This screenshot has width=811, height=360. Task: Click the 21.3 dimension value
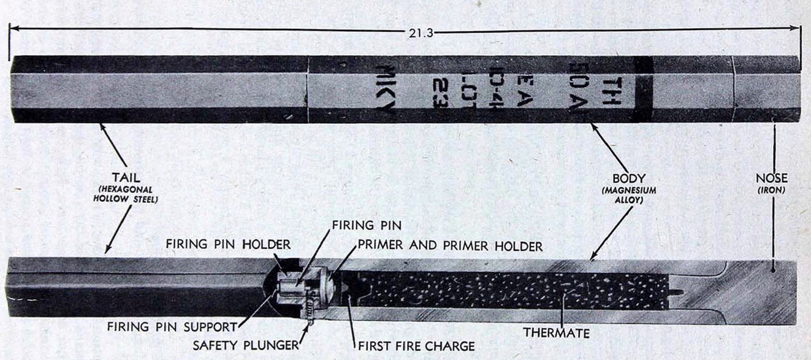pos(421,33)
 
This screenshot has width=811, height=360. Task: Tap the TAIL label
pos(126,178)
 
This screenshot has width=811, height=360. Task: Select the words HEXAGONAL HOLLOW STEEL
pos(126,194)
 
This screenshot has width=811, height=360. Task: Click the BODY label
pos(629,178)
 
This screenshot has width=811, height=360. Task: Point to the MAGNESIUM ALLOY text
pos(629,195)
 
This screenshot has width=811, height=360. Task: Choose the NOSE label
pos(772,178)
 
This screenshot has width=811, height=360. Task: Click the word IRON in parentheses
pos(772,190)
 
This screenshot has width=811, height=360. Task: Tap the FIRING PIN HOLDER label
pos(228,244)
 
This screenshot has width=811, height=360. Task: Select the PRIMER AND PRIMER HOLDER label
pos(450,245)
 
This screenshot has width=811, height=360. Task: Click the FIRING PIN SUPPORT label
pos(172,327)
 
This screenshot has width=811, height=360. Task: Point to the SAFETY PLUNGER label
pos(246,345)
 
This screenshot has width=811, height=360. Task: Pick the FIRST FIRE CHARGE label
pos(416,347)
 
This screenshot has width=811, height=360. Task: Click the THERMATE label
pos(557,333)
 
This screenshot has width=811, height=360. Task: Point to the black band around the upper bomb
pos(644,89)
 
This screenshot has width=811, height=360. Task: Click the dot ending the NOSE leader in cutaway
pos(773,270)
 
